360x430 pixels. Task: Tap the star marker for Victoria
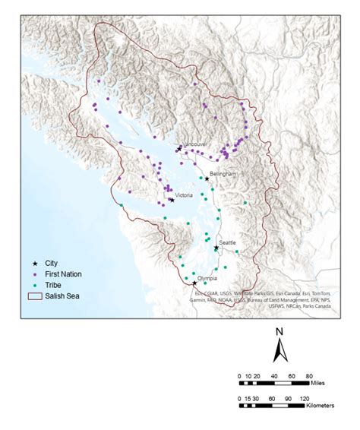click(x=172, y=200)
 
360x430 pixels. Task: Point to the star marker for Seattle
click(x=216, y=248)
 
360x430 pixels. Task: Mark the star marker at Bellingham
click(x=207, y=179)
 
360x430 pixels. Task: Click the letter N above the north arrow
click(x=279, y=332)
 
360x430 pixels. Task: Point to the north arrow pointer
click(x=279, y=350)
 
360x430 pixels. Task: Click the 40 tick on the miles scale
click(x=270, y=376)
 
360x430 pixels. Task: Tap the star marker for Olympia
click(x=194, y=283)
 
